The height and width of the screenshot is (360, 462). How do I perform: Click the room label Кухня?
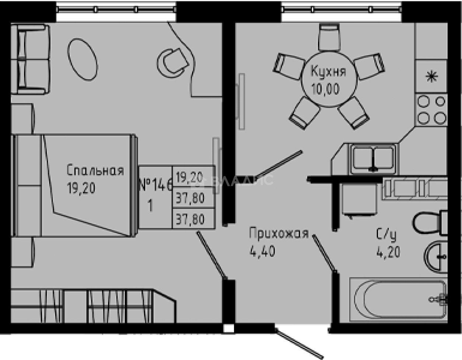[x=328, y=71]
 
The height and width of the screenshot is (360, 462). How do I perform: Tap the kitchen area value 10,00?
[x=325, y=89]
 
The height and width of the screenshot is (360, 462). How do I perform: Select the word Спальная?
[x=95, y=171]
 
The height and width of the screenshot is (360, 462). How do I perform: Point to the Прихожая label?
[x=279, y=234]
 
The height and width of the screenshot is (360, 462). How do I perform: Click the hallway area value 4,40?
[x=262, y=252]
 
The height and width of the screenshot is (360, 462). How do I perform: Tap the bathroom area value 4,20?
[x=388, y=252]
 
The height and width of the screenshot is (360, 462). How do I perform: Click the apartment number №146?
[x=155, y=185]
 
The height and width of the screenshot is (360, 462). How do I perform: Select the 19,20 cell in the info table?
[x=190, y=178]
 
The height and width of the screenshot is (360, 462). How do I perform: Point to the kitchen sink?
[x=373, y=158]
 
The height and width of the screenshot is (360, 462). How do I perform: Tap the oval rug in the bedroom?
[x=83, y=59]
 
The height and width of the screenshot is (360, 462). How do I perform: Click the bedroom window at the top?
[x=116, y=9]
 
